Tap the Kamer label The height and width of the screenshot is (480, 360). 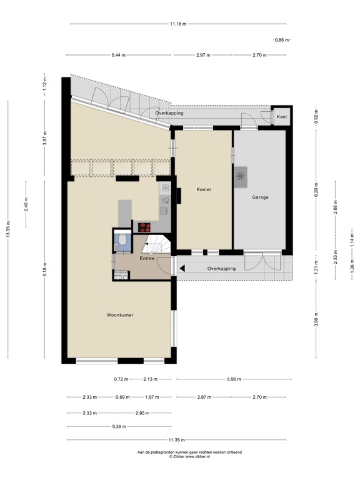[202, 189]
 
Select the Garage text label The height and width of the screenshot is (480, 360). [260, 197]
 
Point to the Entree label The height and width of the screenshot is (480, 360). [147, 258]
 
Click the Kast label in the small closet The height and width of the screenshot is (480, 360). [282, 117]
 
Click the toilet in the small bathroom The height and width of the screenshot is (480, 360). [123, 242]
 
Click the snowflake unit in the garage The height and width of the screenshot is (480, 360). [241, 176]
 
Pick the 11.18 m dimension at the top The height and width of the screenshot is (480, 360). [178, 24]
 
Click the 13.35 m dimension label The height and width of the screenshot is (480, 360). [8, 229]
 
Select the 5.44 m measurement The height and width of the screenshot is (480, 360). [119, 55]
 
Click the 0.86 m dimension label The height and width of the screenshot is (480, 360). [282, 40]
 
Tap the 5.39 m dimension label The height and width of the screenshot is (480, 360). [119, 426]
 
